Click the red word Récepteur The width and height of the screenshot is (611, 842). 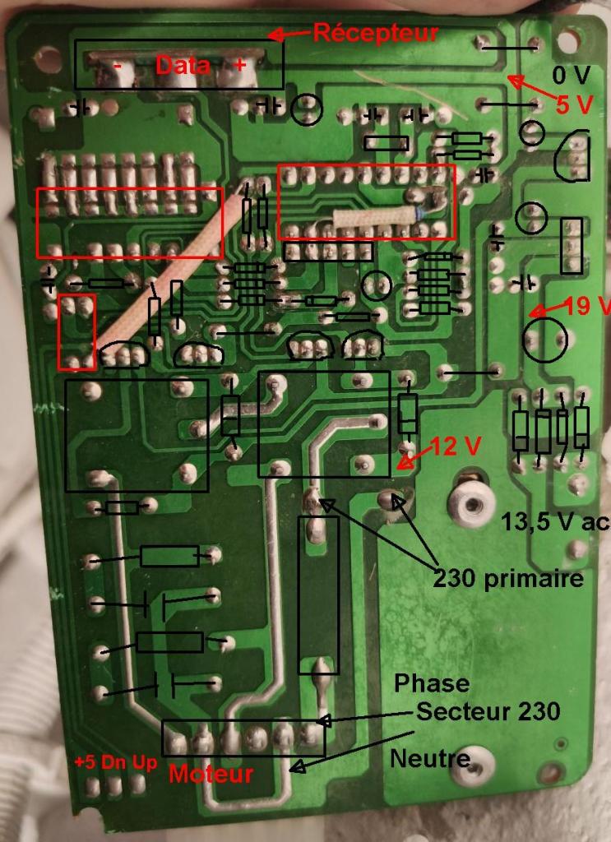[375, 34]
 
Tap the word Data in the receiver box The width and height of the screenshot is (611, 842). [183, 66]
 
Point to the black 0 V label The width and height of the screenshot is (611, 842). [571, 76]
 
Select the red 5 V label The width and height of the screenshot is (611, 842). [574, 104]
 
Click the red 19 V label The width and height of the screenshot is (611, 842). [589, 307]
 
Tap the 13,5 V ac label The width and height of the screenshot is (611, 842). [555, 520]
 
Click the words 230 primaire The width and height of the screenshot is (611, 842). [508, 579]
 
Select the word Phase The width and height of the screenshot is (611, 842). [432, 683]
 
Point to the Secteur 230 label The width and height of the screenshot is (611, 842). [488, 711]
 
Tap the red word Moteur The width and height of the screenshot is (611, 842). [211, 774]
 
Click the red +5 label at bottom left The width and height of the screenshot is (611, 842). [86, 761]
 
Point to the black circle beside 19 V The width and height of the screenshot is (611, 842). [545, 340]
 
